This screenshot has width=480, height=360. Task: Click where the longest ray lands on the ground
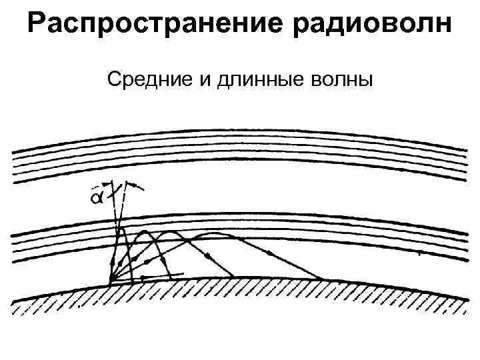pos(324,279)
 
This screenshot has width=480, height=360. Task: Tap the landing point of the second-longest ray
pos(233,276)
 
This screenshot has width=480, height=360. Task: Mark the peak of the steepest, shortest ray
pos(123,230)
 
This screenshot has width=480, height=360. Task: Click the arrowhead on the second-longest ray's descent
pos(208,256)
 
